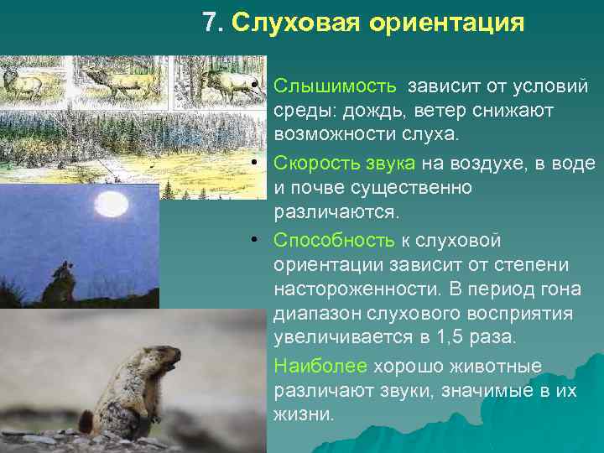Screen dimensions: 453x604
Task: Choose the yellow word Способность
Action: [x=333, y=241]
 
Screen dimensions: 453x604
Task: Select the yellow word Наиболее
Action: [x=320, y=367]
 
